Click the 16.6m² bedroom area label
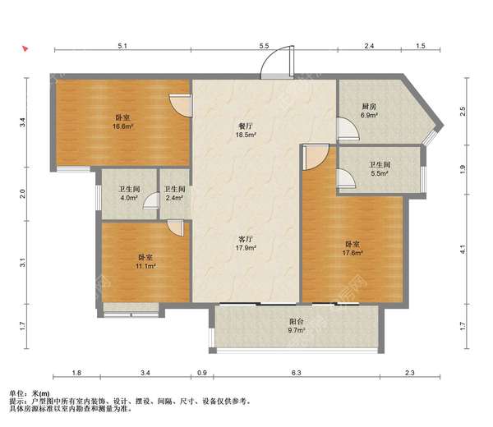[x=122, y=122]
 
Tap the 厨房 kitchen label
[x=369, y=107]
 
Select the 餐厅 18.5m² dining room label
[x=246, y=131]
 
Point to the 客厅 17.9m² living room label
[x=246, y=243]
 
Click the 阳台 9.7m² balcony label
[x=297, y=326]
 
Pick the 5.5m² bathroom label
[x=380, y=168]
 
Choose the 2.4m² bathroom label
[x=174, y=194]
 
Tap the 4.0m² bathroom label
[x=129, y=194]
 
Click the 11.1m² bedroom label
[x=145, y=261]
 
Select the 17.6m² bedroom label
[x=352, y=248]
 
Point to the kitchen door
[x=348, y=128]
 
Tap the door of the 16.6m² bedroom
[x=181, y=105]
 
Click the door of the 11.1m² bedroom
[x=176, y=227]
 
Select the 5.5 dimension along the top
[x=264, y=45]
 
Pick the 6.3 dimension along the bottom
[x=296, y=373]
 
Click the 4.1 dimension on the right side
[x=462, y=249]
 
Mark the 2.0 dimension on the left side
[x=23, y=194]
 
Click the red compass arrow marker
[x=25, y=48]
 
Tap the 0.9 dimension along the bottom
[x=202, y=373]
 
